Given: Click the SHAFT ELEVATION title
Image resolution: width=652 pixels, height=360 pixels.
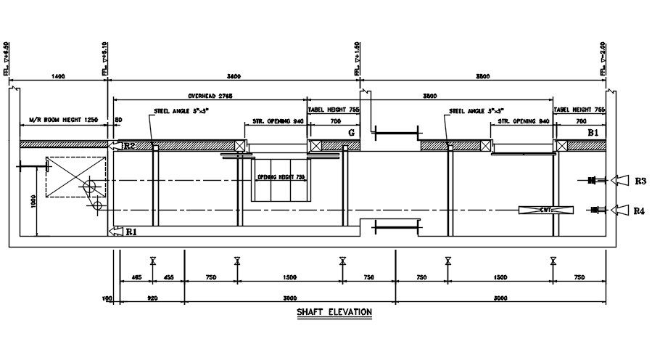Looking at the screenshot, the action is (x=334, y=313).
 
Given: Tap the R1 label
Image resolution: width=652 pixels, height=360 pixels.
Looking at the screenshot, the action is (x=131, y=232).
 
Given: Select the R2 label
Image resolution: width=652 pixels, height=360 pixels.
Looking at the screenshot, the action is (x=129, y=146).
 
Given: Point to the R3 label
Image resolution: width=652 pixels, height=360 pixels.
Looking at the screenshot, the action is (x=640, y=181).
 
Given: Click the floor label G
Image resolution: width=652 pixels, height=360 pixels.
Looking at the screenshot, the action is (x=352, y=133).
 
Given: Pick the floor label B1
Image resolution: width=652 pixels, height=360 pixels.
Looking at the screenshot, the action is (x=593, y=134).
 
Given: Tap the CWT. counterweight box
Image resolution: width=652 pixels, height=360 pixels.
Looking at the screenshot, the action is (x=546, y=210).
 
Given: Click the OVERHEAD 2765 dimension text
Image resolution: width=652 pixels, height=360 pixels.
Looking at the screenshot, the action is (x=210, y=96).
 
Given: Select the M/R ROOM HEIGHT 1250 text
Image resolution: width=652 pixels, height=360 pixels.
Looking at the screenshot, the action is (x=63, y=120).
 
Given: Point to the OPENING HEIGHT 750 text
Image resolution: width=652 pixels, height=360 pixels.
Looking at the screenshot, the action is (x=281, y=177).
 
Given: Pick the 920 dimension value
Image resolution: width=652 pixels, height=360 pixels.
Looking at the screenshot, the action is (x=152, y=298).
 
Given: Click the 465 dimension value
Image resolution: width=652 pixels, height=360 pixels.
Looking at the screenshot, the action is (x=136, y=277).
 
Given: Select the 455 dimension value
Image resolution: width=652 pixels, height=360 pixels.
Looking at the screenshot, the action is (x=168, y=277).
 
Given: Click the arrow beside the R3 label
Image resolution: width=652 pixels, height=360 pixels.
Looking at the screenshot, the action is (x=622, y=180).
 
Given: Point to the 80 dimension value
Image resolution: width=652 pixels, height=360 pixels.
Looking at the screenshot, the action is (x=118, y=120).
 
